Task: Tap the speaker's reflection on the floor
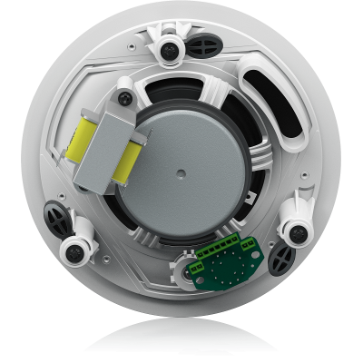pyautogui.click(x=181, y=340)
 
